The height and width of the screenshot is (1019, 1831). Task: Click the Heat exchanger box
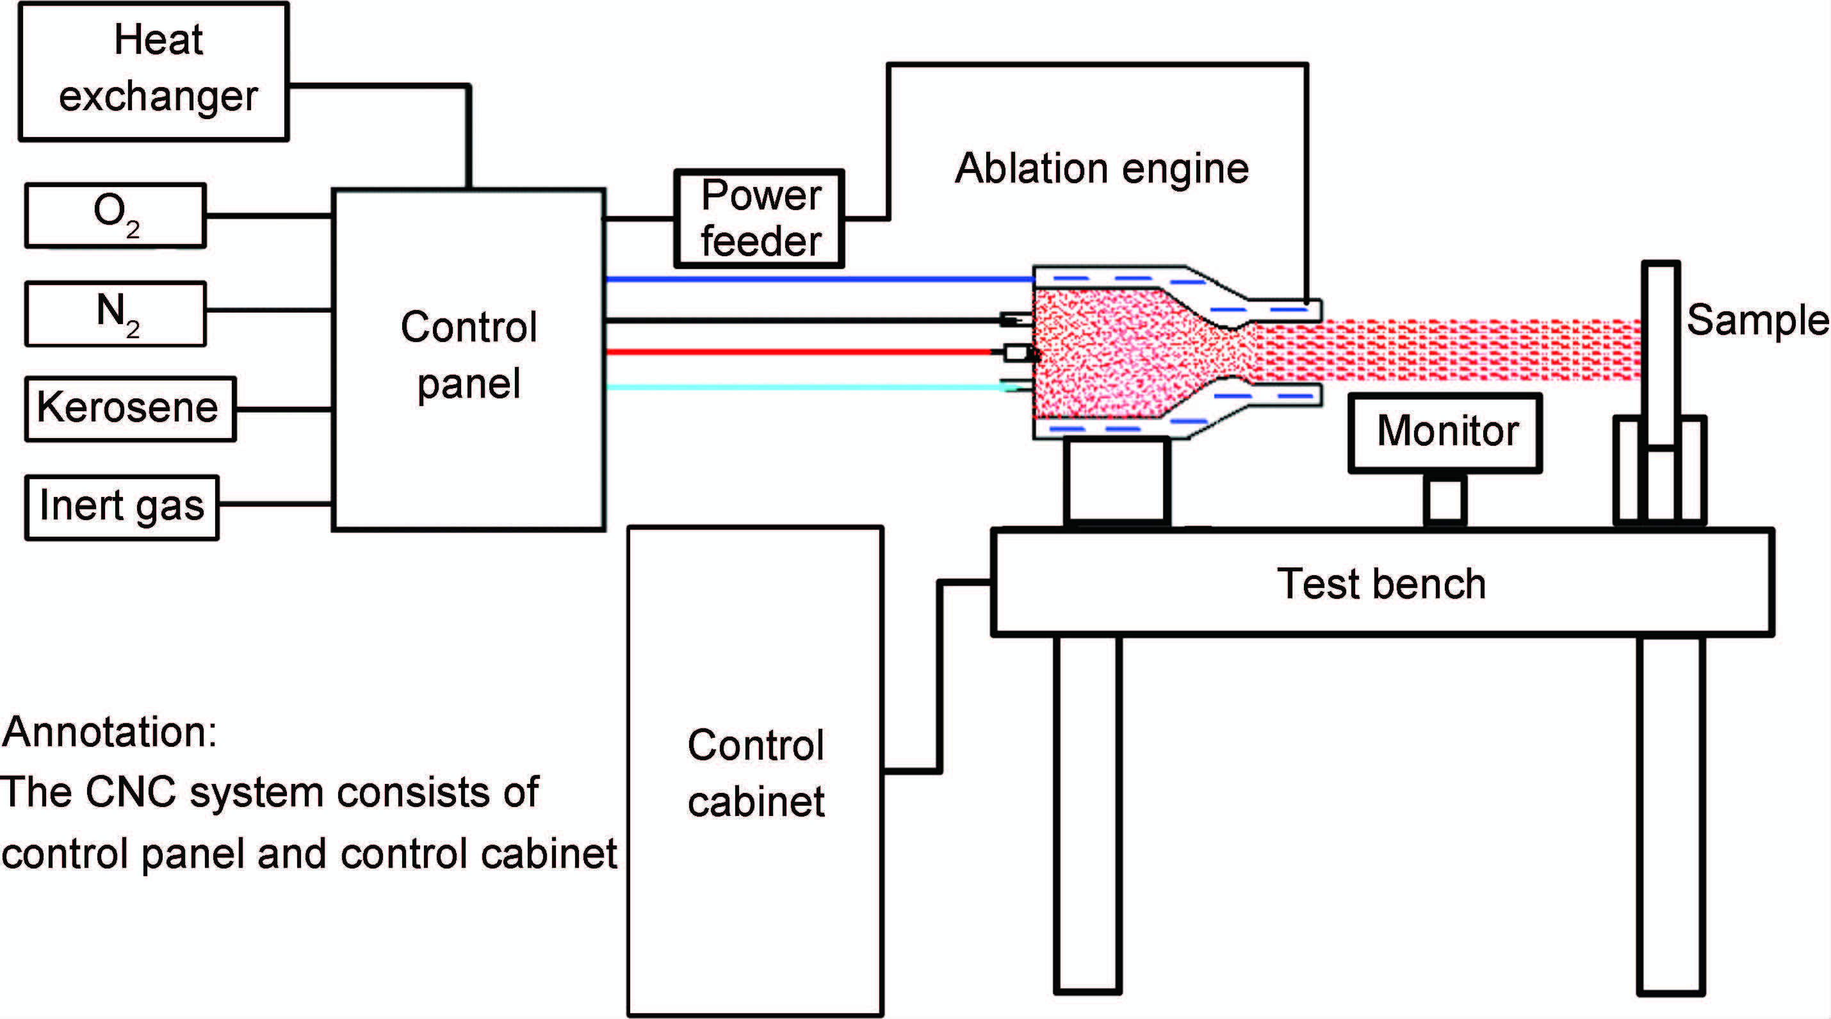[154, 71]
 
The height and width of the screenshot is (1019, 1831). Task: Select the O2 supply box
[116, 215]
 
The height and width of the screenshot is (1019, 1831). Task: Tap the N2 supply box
[116, 313]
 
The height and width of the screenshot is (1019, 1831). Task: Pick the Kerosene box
[130, 409]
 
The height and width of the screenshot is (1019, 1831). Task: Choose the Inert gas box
[122, 507]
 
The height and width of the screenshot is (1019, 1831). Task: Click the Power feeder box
[759, 218]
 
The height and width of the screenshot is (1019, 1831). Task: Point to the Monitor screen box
[1445, 432]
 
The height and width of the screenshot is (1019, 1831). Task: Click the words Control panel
[468, 355]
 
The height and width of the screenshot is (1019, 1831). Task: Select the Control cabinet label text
[756, 773]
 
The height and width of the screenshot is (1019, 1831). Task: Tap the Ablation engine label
[1101, 168]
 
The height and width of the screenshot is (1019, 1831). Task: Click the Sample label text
[1757, 320]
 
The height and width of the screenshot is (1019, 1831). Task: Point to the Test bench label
[1381, 583]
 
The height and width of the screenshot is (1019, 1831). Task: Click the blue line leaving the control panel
[817, 279]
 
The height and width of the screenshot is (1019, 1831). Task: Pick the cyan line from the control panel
[803, 387]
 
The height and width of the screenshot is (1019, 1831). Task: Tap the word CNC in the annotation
[131, 792]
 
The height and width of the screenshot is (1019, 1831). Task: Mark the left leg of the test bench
[1087, 813]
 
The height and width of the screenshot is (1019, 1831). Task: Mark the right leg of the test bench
[1671, 813]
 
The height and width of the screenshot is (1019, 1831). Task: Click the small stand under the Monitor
[1445, 500]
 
